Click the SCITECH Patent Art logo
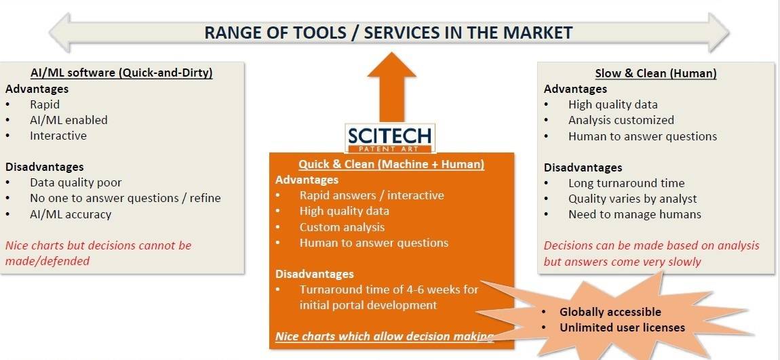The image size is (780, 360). coord(390,138)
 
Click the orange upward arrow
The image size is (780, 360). coord(391,87)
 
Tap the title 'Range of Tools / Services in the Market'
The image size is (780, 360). coord(389,33)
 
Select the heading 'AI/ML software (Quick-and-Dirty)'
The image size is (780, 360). coord(121,73)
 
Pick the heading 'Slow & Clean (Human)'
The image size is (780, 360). coord(656,73)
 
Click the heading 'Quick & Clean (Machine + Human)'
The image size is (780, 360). coord(391,164)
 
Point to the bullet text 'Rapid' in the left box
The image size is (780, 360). coord(45,104)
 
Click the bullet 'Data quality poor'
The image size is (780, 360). coord(75,182)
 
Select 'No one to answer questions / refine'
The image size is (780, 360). coord(125,199)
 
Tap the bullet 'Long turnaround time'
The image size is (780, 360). coord(626,183)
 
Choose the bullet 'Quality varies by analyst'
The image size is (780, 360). coord(633,199)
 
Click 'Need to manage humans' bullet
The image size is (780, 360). coord(635,214)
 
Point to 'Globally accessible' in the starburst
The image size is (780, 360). coord(610,312)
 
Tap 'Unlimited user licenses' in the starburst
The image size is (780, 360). coord(623,327)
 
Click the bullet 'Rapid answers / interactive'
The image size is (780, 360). coord(372,195)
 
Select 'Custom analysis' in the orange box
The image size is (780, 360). coord(342,227)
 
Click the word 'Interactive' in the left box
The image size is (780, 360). coord(58,136)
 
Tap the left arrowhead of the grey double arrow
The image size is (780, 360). coord(60,33)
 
